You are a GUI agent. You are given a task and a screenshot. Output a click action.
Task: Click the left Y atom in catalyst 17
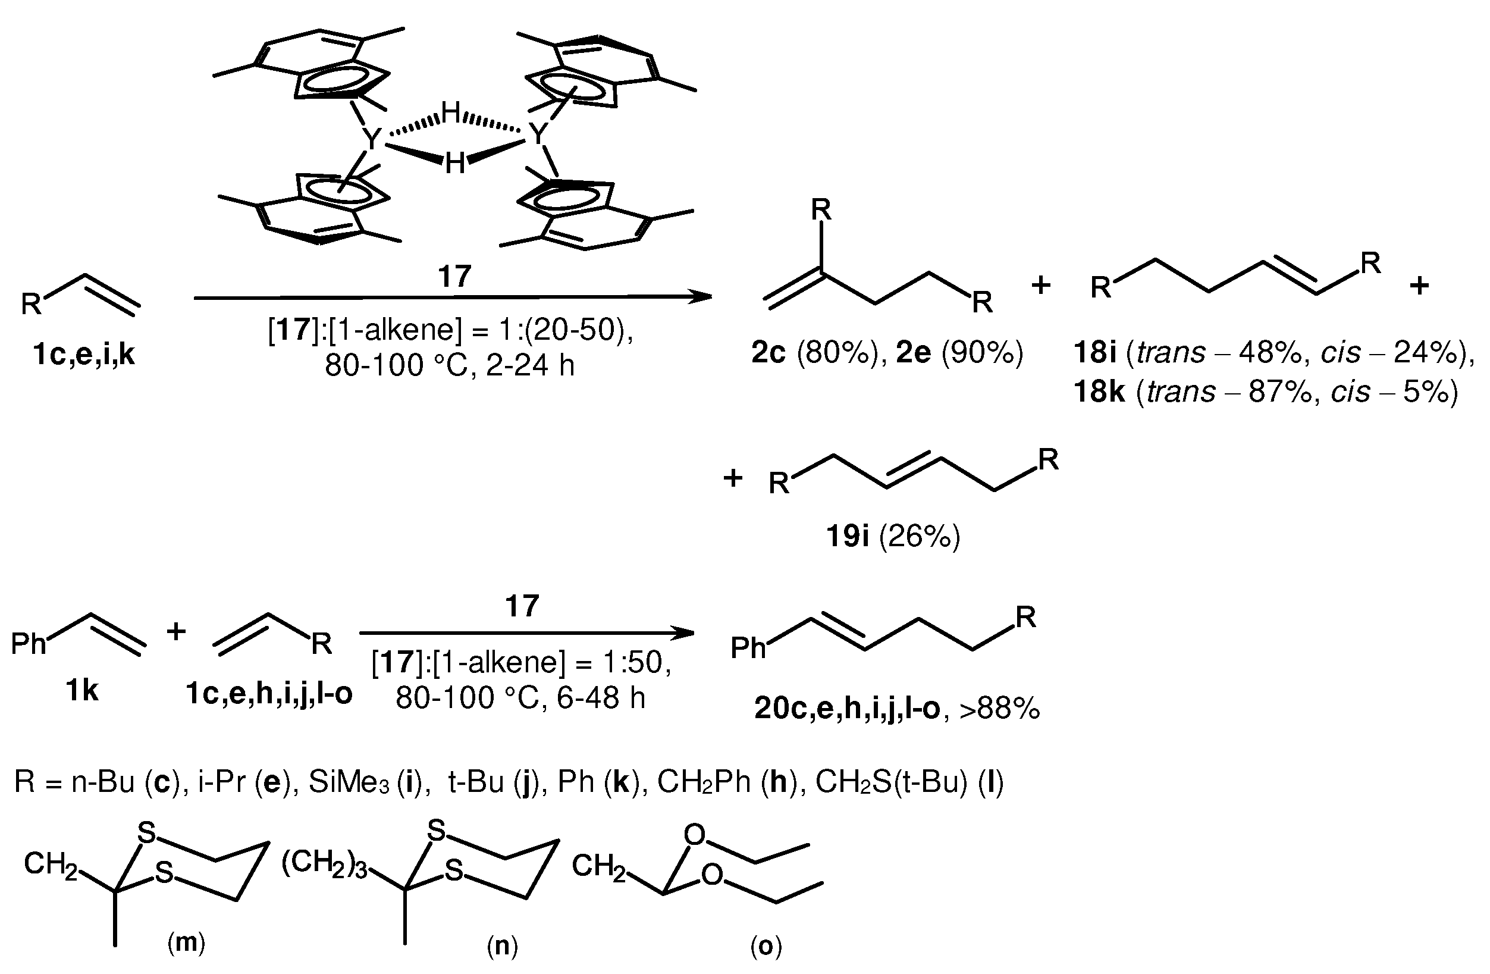pyautogui.click(x=372, y=139)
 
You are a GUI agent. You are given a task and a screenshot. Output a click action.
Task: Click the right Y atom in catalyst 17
pyautogui.click(x=538, y=134)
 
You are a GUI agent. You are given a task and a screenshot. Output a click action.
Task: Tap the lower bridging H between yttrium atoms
pyautogui.click(x=455, y=164)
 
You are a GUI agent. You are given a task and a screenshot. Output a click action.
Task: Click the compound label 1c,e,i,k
pyautogui.click(x=83, y=355)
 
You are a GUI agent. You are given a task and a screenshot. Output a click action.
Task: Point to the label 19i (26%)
pyautogui.click(x=893, y=537)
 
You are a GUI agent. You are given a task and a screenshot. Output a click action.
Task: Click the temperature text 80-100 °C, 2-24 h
pyautogui.click(x=450, y=365)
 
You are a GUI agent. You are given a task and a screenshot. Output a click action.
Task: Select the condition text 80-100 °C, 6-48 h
pyautogui.click(x=520, y=698)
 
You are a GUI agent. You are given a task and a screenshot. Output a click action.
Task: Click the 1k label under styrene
pyautogui.click(x=82, y=691)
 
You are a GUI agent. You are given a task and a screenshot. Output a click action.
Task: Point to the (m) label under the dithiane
pyautogui.click(x=186, y=942)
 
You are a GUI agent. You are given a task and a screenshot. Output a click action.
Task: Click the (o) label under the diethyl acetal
pyautogui.click(x=766, y=947)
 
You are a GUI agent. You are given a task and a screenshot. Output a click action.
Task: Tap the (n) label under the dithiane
pyautogui.click(x=502, y=947)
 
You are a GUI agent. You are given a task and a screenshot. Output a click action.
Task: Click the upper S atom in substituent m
pyautogui.click(x=146, y=833)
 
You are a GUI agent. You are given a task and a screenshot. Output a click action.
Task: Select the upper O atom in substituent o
pyautogui.click(x=694, y=835)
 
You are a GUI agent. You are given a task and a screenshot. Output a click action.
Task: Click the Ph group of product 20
pyautogui.click(x=748, y=649)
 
